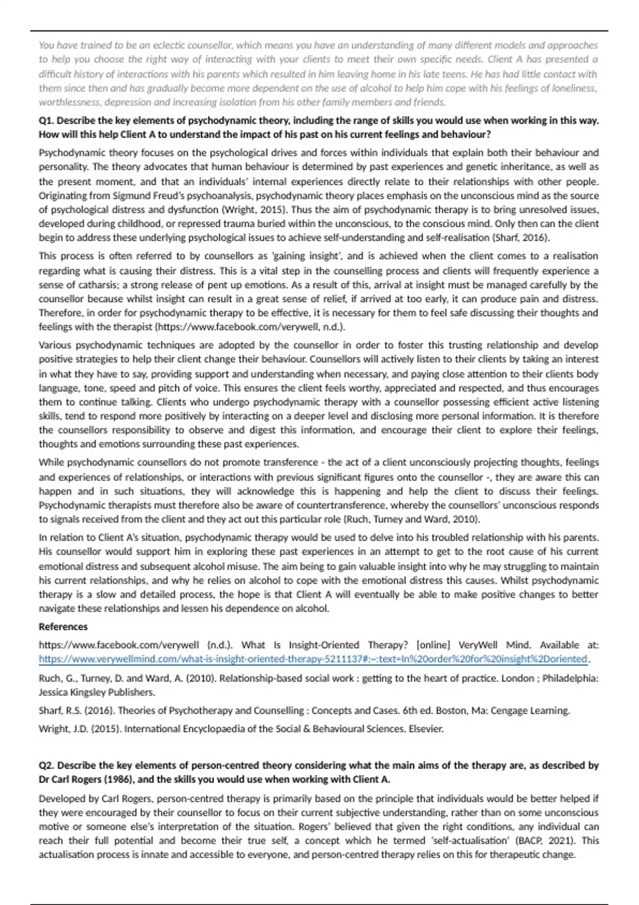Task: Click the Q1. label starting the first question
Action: pos(46,121)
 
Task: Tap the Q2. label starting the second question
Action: pos(46,766)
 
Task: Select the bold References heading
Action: pos(63,627)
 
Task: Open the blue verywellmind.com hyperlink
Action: pos(313,659)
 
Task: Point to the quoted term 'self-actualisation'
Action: pos(455,841)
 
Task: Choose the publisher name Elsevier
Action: pos(425,729)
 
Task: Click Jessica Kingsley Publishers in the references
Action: pos(97,693)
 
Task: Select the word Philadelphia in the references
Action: pos(570,679)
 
